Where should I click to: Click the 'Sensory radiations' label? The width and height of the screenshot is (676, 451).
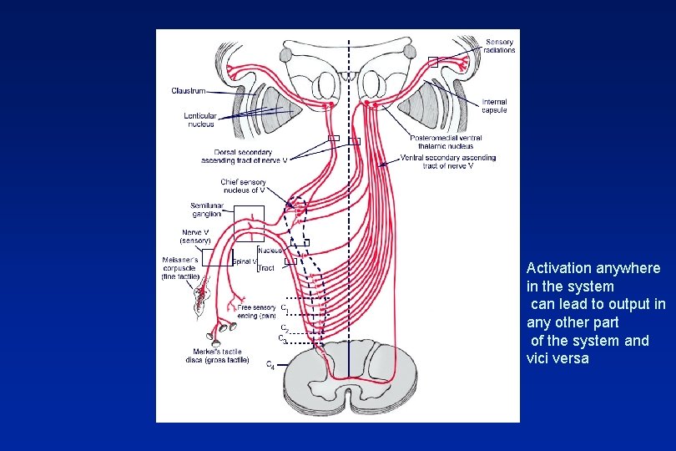click(x=500, y=45)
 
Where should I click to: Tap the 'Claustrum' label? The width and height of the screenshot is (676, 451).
click(x=188, y=90)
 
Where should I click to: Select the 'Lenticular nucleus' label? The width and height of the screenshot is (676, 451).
click(x=199, y=119)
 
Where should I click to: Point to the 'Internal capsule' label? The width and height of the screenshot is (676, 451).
click(x=493, y=106)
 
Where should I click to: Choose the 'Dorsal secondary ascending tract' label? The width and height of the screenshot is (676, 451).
click(x=244, y=156)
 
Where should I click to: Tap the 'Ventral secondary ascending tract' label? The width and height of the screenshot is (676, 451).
click(x=448, y=161)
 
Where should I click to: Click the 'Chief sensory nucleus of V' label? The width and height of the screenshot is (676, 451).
click(x=243, y=185)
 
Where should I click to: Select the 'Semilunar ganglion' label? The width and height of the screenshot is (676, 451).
click(x=206, y=210)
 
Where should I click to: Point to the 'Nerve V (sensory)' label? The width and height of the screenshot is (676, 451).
click(x=195, y=236)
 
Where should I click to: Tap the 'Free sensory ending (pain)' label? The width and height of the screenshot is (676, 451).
click(x=256, y=312)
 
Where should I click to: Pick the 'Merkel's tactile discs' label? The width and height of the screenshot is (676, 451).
click(x=217, y=355)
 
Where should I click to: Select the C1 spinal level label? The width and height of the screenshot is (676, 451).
click(x=285, y=308)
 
